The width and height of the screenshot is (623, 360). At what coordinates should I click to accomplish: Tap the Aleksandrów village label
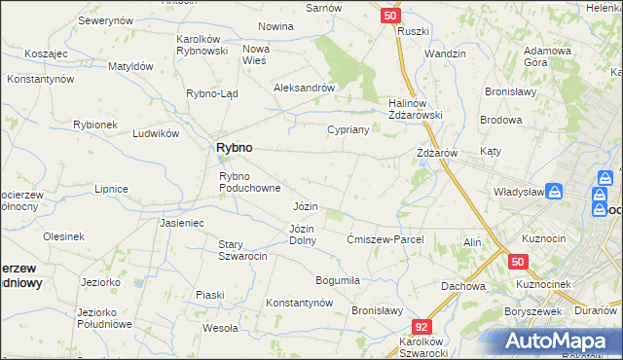[x=304, y=87]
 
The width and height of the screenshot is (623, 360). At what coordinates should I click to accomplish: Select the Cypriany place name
[x=348, y=129]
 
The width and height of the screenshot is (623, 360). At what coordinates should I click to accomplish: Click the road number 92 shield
[x=421, y=328]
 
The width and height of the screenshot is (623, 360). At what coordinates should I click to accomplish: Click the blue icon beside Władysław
[x=554, y=193]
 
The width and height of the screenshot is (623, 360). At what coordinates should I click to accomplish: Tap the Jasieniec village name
[x=181, y=223]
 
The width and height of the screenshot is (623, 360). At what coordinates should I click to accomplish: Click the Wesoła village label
[x=220, y=328]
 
